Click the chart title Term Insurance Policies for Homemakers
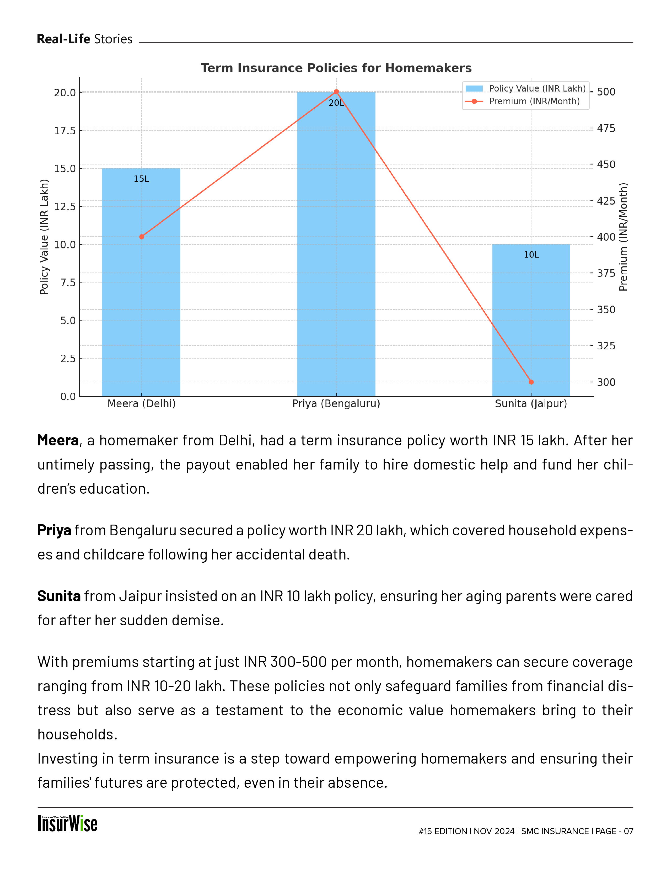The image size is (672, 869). [336, 68]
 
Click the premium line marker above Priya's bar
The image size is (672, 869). [336, 92]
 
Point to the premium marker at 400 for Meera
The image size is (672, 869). [142, 237]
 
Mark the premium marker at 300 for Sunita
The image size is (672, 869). [531, 382]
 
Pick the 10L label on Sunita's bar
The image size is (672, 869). [531, 255]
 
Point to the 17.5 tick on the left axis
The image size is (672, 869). [65, 131]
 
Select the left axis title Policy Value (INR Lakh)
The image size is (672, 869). [44, 237]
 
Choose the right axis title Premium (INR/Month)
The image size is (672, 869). [623, 237]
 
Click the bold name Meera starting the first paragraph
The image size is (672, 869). [58, 440]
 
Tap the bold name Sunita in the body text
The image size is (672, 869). [59, 596]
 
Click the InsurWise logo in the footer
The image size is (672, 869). [68, 824]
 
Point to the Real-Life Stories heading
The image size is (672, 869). [84, 39]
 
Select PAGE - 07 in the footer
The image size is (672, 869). [614, 831]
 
